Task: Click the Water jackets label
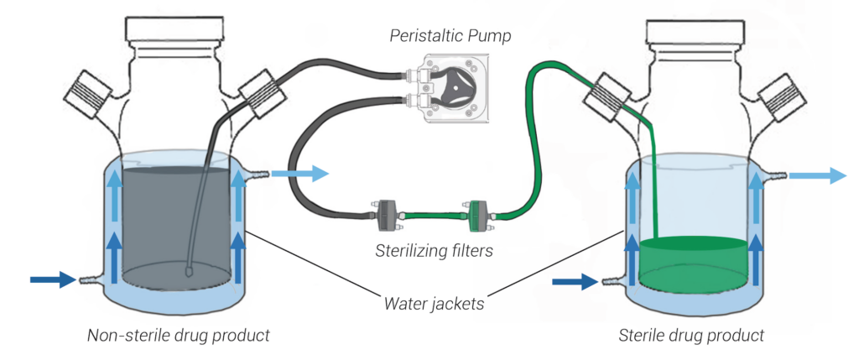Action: point(430,303)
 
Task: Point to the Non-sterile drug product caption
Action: point(178,336)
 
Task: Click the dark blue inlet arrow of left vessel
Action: point(52,279)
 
